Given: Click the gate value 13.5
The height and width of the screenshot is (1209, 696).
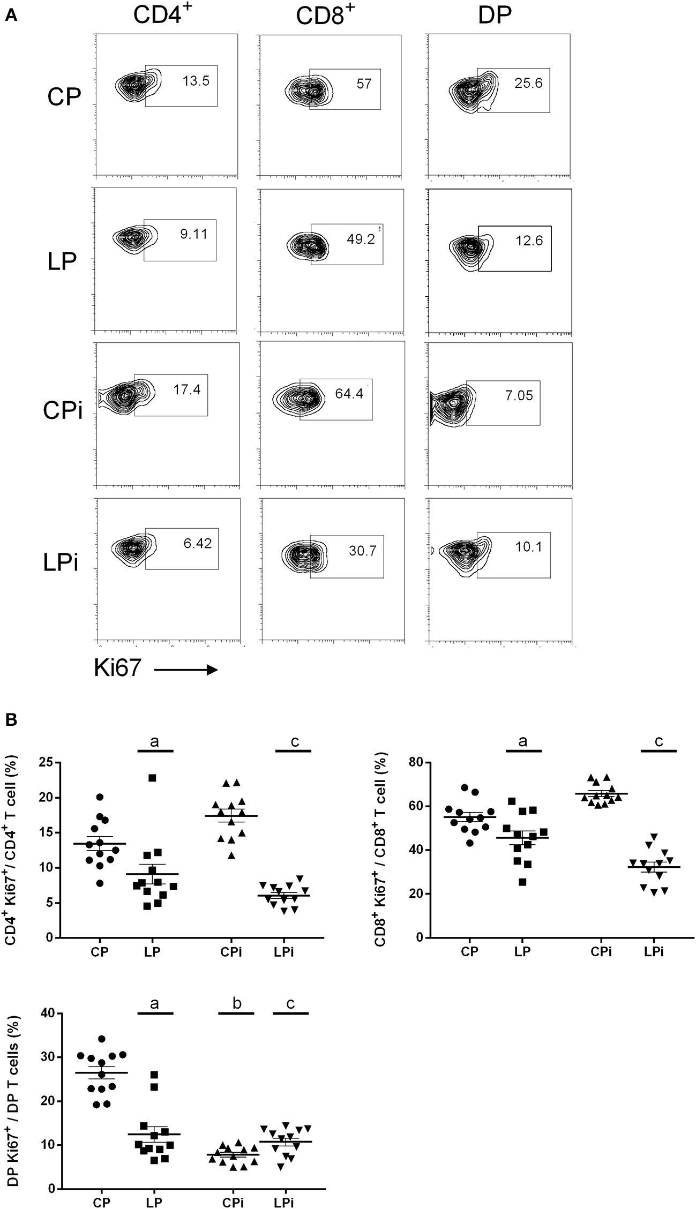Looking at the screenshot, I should coord(196,81).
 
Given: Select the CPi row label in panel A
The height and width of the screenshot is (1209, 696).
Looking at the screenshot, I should coord(63,410).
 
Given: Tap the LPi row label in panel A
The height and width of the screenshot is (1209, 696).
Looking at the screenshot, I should coord(61,564).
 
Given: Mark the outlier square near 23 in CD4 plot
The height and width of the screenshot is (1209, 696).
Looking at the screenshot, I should coord(152,778).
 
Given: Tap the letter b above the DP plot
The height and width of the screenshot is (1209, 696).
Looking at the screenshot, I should coord(236,1003).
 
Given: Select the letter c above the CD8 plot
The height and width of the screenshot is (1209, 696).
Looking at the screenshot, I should coord(658,741).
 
